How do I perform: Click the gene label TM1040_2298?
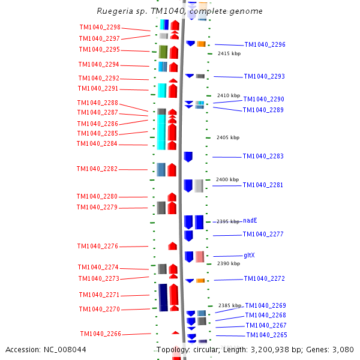(100, 28)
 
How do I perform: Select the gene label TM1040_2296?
(265, 45)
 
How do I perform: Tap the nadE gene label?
(250, 221)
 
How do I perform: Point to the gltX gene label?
(249, 256)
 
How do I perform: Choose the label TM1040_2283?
(263, 157)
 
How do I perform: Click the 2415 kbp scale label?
(229, 54)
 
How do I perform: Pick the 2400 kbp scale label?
(227, 180)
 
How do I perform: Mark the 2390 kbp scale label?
(229, 263)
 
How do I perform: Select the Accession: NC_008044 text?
(46, 349)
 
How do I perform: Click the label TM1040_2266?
(100, 334)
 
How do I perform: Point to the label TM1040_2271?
(99, 295)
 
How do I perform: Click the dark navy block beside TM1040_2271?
(163, 297)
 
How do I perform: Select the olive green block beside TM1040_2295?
(163, 52)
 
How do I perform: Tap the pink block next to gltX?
(199, 257)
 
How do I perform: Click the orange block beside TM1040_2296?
(201, 44)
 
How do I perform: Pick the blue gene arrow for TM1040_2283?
(188, 157)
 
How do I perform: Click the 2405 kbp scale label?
(227, 138)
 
